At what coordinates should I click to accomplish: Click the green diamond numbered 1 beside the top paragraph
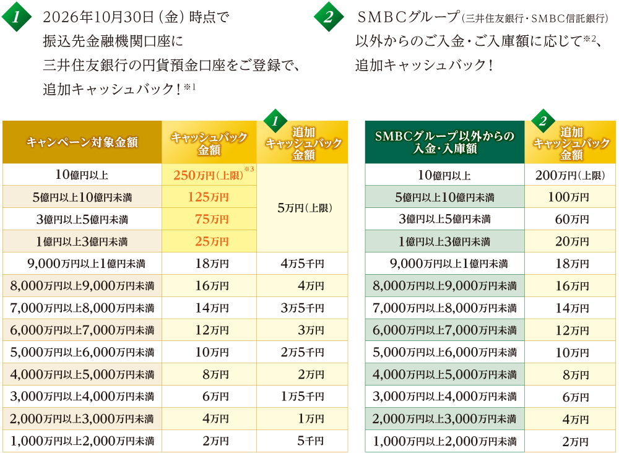[17, 17]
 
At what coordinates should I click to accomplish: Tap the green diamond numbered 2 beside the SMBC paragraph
[329, 17]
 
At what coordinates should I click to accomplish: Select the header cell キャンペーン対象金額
[82, 142]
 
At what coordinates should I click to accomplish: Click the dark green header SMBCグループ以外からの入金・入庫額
[444, 142]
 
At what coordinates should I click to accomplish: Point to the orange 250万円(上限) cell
[209, 175]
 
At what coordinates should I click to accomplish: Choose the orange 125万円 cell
[209, 197]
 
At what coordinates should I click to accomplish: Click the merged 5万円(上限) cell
[303, 208]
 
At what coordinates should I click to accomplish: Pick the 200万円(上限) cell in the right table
[570, 175]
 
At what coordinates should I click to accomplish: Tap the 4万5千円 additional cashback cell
[303, 263]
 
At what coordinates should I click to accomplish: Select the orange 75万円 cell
[209, 219]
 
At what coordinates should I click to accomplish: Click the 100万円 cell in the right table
[570, 197]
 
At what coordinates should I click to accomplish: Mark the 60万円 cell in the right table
[570, 219]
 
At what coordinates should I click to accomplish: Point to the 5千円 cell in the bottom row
[303, 441]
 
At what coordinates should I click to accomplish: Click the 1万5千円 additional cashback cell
[303, 396]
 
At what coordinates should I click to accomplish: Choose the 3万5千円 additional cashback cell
[303, 308]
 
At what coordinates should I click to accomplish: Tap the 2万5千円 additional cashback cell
[303, 352]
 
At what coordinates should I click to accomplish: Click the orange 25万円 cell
[209, 241]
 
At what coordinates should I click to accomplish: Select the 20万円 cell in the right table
[570, 241]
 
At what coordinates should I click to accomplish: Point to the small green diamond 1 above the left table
[275, 121]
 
